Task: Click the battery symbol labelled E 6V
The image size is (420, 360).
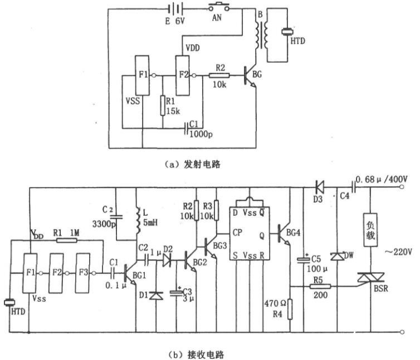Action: tap(175, 9)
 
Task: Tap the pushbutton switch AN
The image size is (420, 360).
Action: tap(219, 7)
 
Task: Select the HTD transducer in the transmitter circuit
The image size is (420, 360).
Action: tap(287, 32)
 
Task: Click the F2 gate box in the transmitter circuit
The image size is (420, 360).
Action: tap(182, 75)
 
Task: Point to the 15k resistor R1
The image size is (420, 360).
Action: tap(163, 106)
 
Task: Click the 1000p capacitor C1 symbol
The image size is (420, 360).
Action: tap(186, 128)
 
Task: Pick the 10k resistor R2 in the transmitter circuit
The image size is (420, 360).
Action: tap(219, 76)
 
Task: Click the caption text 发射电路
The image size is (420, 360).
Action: tap(202, 164)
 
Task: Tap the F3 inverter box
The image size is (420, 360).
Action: tap(83, 273)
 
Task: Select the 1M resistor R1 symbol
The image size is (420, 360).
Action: tap(67, 240)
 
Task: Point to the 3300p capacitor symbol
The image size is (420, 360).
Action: tap(116, 216)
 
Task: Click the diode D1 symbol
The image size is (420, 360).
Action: tap(156, 296)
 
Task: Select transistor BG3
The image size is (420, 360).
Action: tap(210, 247)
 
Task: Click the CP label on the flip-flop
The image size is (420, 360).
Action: tap(237, 233)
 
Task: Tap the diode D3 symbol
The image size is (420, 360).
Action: tap(319, 187)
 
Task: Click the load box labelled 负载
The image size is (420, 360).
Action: tap(370, 230)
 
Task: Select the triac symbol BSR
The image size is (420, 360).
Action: tap(371, 278)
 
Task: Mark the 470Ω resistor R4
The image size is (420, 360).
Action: tap(290, 309)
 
